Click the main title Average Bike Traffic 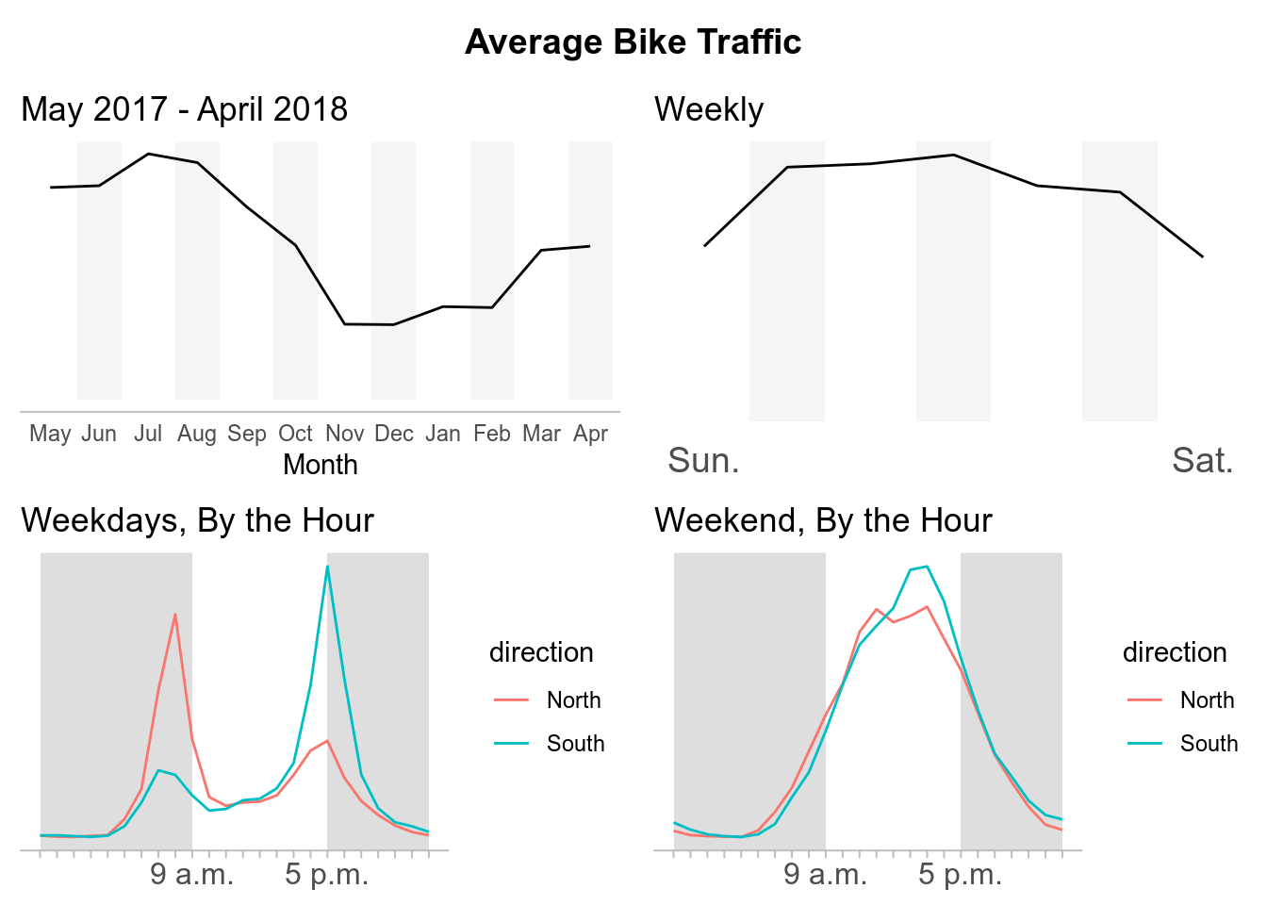tap(633, 42)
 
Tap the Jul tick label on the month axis tap(148, 434)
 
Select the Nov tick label tap(344, 434)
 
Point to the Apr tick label tap(590, 434)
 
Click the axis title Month tap(321, 465)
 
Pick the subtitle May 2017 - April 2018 tap(185, 109)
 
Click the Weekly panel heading tap(709, 109)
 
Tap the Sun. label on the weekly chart tap(703, 460)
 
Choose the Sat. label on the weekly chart tap(1202, 460)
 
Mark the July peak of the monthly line tap(149, 154)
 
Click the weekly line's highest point tap(954, 155)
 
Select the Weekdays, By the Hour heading tap(198, 520)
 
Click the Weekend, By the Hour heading tap(823, 520)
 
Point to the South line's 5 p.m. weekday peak tap(327, 566)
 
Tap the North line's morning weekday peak tap(175, 615)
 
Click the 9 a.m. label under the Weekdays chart tap(191, 875)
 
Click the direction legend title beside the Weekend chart tap(1175, 652)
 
